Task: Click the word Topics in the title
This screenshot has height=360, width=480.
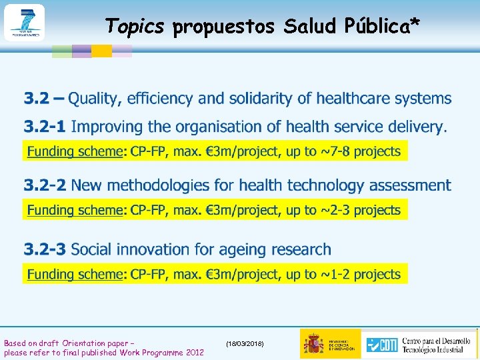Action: tap(135, 26)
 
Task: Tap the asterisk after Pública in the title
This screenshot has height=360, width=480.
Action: tap(415, 23)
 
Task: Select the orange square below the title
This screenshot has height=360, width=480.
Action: tap(101, 51)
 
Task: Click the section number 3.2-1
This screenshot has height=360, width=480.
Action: tap(45, 126)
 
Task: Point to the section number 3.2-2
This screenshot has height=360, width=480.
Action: tap(45, 185)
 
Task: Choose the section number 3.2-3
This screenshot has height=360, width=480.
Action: tap(45, 249)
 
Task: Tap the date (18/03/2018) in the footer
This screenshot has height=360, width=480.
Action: tap(245, 343)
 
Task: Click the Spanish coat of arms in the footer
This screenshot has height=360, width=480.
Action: tap(313, 343)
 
